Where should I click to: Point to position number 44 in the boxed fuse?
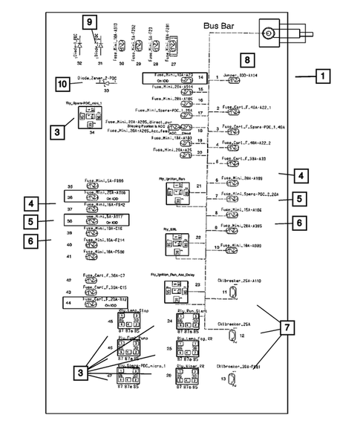pyautogui.click(x=68, y=303)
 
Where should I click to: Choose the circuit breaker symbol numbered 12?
pyautogui.click(x=231, y=336)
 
